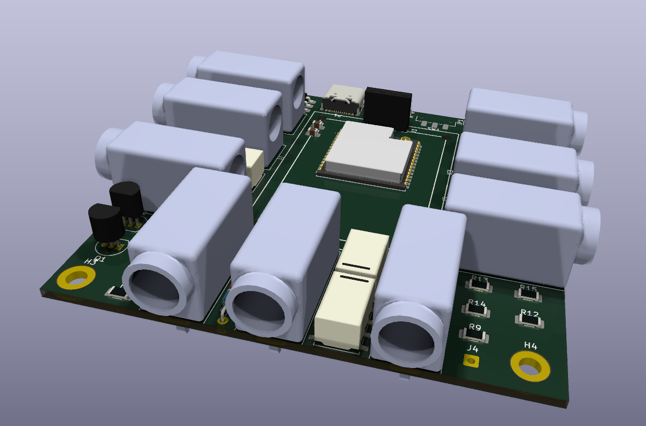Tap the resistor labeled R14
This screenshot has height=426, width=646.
477,309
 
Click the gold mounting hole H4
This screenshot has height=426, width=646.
530,366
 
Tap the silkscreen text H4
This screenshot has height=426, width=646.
530,346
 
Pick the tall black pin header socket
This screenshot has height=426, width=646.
388,107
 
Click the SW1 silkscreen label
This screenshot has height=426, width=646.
433,130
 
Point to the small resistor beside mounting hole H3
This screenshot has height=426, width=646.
117,293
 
